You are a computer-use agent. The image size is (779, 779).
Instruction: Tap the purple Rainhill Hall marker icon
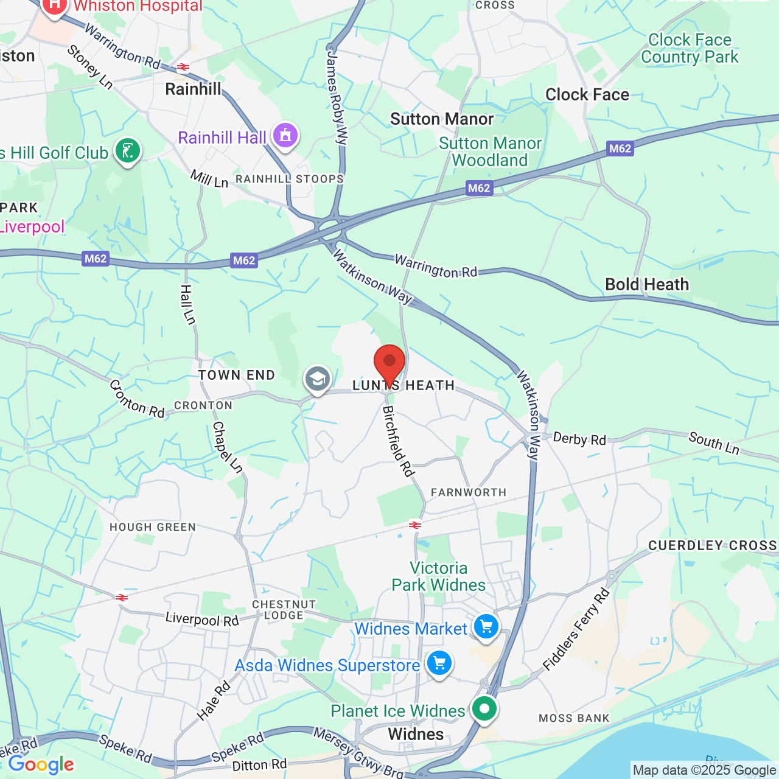pos(285,135)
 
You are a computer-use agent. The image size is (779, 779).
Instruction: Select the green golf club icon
pos(128,150)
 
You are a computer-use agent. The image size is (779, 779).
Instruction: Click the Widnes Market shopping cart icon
pos(486,626)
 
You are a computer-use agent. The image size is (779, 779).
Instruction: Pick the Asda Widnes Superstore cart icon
pos(439,663)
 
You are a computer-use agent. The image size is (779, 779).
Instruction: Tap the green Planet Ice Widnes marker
pos(484,708)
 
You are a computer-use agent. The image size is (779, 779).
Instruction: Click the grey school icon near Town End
pos(317,379)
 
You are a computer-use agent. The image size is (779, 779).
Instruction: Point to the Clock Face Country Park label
pos(690,49)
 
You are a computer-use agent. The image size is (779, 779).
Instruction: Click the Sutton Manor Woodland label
pos(490,152)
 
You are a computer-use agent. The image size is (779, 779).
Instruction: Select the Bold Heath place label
pos(647,284)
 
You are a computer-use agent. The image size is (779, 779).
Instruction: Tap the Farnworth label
pos(469,492)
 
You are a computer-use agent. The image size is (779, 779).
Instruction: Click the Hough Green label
pos(153,527)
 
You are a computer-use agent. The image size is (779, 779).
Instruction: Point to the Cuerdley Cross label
pos(712,545)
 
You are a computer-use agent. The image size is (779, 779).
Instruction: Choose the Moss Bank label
pos(574,718)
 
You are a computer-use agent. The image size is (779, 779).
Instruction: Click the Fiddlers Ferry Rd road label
pos(576,630)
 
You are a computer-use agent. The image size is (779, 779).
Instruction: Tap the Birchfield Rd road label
pos(398,441)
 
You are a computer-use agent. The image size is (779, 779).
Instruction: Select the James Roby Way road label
pos(337,97)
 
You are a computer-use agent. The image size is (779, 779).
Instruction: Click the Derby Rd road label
pos(579,439)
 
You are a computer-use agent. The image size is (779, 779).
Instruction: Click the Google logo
pos(41,764)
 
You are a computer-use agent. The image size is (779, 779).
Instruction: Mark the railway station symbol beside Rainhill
pos(183,67)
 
